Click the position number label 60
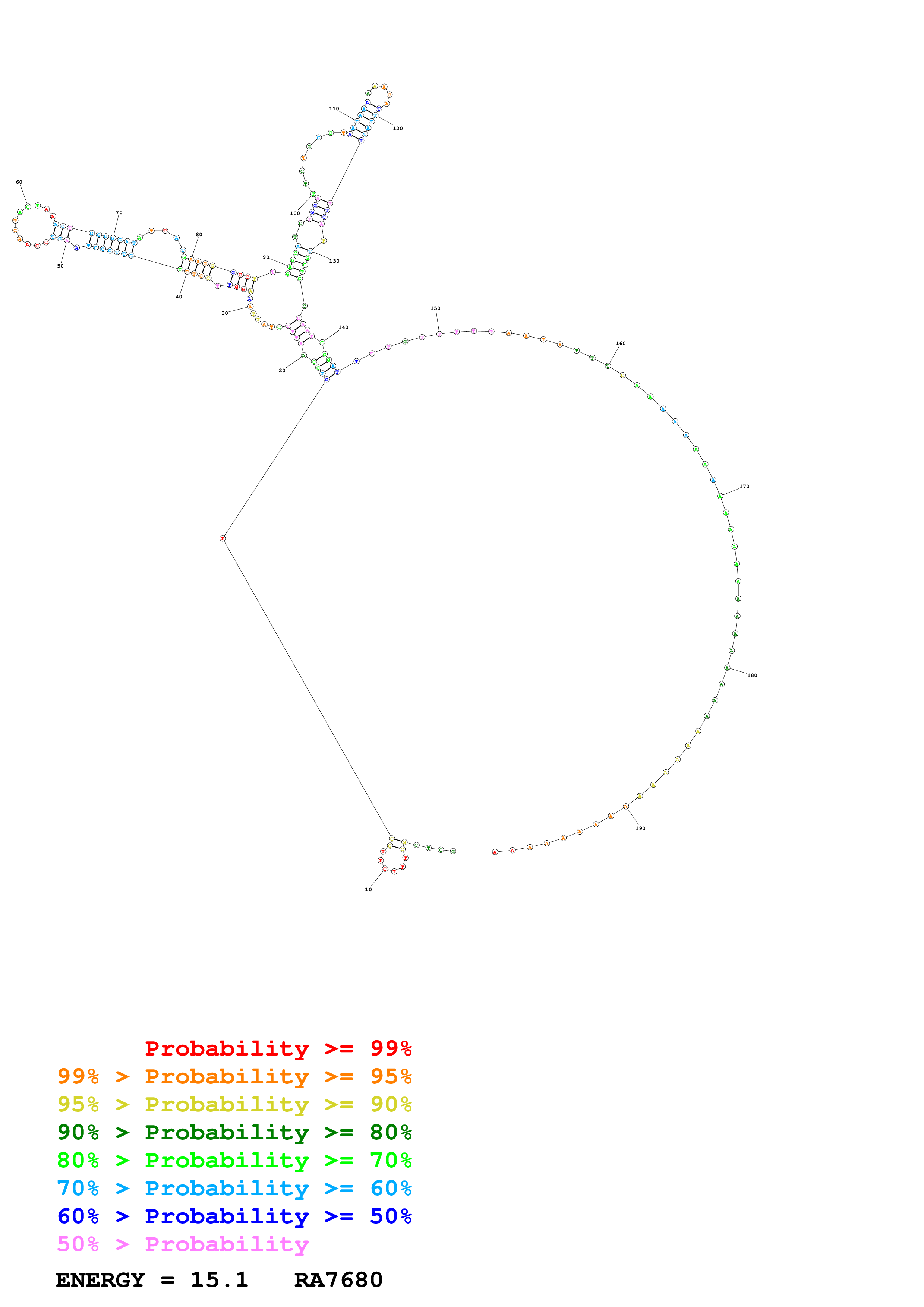pos(19,182)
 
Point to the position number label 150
pos(435,308)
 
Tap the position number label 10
pos(368,890)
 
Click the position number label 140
pos(343,328)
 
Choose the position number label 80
pos(199,234)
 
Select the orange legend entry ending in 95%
pos(234,1076)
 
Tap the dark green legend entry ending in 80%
pos(234,1132)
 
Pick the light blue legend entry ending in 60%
pos(234,1188)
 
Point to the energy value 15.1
pos(219,1280)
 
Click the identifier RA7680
pos(338,1280)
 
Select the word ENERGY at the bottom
pos(100,1280)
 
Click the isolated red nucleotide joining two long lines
pos(223,538)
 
